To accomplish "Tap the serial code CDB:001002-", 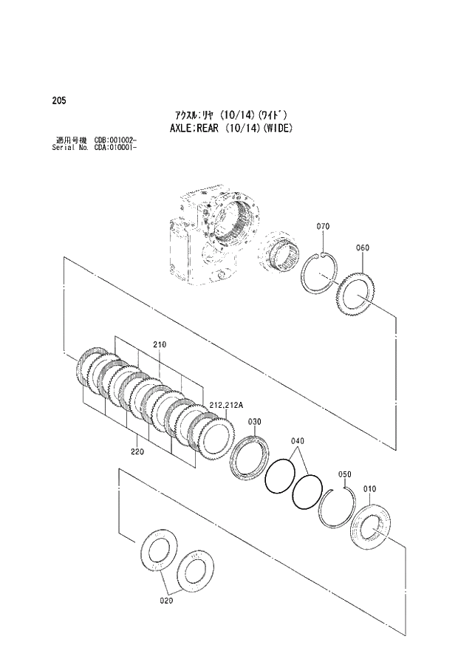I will point(115,140).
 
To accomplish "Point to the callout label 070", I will point(323,226).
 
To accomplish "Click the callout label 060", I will point(362,248).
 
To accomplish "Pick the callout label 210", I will point(160,344).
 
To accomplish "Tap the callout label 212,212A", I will point(226,405).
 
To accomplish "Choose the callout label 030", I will point(253,421).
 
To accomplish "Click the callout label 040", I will point(297,441).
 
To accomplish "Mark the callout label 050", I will point(344,474).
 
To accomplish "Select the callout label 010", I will point(369,488).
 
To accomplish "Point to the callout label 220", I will point(137,450).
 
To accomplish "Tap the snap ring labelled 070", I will point(321,273).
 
